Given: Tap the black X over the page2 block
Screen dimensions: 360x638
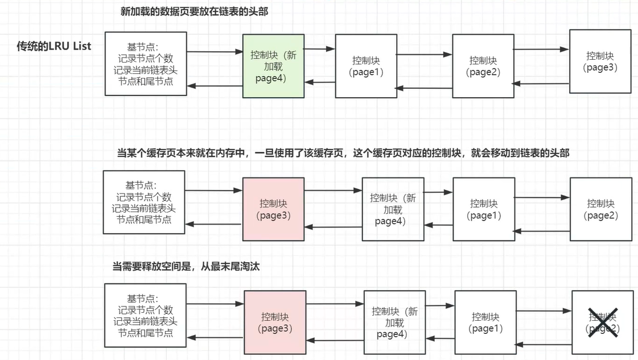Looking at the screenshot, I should point(603,322).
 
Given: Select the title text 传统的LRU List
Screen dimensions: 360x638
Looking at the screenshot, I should point(54,46).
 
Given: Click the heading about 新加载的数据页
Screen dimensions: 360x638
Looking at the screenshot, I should point(194,11).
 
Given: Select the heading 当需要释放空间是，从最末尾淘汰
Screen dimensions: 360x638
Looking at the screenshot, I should point(186,266).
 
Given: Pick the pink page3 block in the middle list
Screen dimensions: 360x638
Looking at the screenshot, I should point(273,209).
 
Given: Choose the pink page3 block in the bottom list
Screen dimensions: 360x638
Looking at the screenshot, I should point(275,322).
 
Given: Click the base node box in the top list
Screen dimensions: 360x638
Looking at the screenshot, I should point(146,64).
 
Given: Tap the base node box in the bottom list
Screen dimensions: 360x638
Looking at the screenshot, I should point(146,316).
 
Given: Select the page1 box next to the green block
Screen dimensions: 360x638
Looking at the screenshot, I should point(365,66).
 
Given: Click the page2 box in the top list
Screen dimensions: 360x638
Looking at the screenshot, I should point(483,66).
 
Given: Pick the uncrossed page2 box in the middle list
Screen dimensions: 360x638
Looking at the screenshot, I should point(600,209).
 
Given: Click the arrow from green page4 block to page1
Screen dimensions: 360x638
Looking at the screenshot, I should point(319,49).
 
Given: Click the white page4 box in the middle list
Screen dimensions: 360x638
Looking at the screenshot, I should point(393,209).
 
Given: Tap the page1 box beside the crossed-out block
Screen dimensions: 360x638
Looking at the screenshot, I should point(485,322).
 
